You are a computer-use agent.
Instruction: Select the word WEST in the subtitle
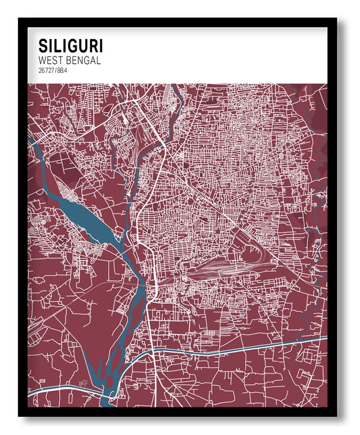(x=50, y=60)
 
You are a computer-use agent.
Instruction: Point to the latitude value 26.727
(x=46, y=70)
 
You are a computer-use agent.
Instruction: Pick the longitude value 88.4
(x=62, y=70)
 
